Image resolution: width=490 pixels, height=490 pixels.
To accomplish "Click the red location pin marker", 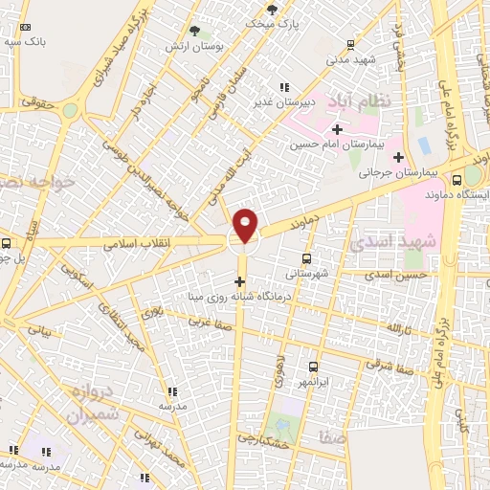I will (x=246, y=224).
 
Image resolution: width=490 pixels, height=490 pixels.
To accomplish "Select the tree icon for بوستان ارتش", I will (x=194, y=31).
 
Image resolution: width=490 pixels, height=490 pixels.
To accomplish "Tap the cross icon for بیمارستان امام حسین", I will (x=336, y=129).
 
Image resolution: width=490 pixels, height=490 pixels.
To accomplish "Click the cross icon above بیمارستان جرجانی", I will (x=398, y=156).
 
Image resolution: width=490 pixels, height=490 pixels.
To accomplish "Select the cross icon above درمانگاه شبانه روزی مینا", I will (x=239, y=281).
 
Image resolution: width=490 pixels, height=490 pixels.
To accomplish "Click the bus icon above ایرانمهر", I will (x=313, y=367).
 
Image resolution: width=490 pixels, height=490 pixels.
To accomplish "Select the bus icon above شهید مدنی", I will (x=350, y=43).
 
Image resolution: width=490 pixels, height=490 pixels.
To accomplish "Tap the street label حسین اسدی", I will (x=394, y=275).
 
